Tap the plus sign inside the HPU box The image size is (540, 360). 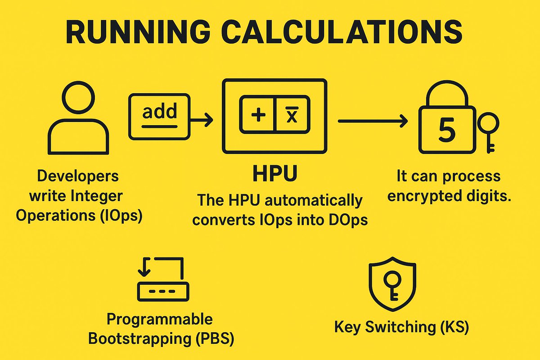click(x=258, y=116)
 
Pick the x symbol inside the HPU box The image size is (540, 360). click(x=292, y=116)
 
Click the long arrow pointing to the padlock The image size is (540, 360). click(x=373, y=120)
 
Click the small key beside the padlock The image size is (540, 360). click(x=488, y=130)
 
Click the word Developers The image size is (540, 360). click(x=78, y=176)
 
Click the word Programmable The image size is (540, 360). click(x=159, y=319)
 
